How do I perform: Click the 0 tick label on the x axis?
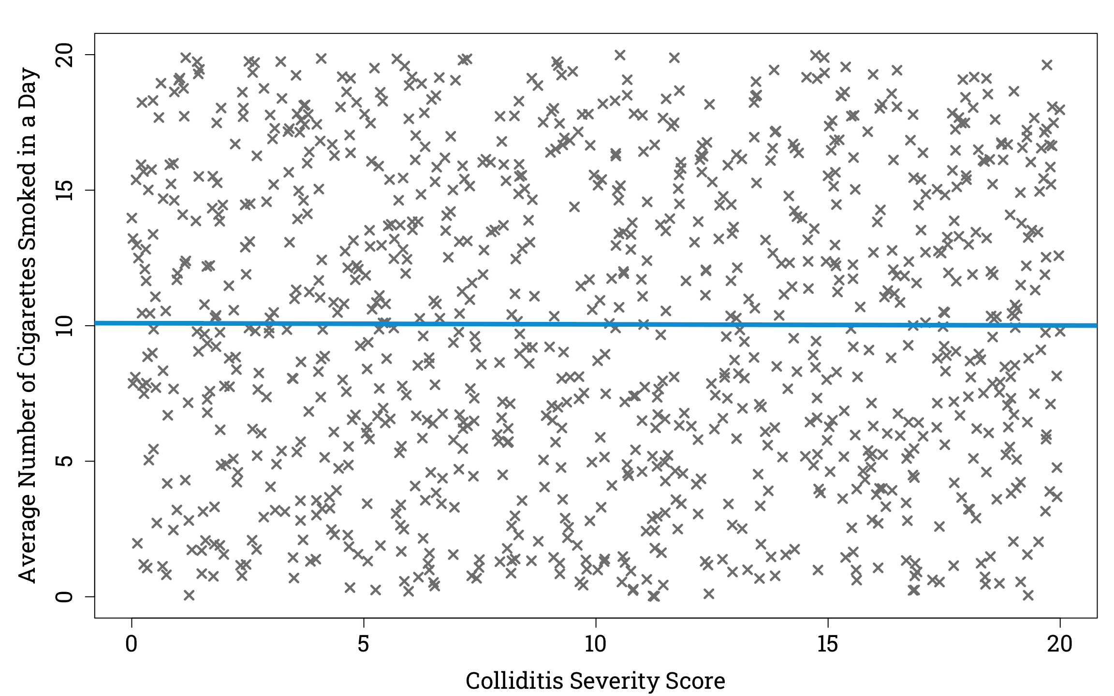point(131,644)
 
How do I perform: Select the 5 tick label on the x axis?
point(363,644)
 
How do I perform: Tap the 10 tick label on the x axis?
point(595,644)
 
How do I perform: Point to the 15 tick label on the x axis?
point(827,644)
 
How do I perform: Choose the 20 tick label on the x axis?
point(1059,644)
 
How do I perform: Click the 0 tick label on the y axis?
point(64,596)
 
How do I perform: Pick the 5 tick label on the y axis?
point(64,461)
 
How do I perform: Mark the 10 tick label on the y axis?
point(64,326)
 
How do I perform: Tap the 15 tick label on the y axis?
point(64,190)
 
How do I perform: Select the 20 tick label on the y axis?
point(64,55)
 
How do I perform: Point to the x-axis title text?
point(595,681)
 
